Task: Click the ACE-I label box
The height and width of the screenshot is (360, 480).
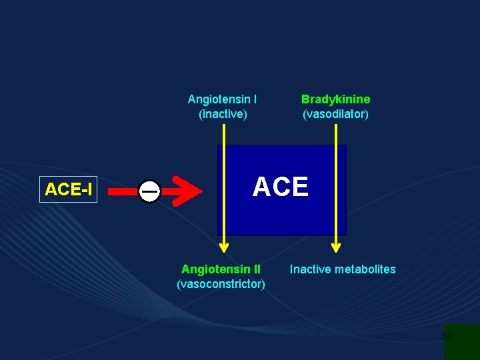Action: [x=69, y=189]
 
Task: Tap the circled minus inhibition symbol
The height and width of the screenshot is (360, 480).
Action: [x=150, y=191]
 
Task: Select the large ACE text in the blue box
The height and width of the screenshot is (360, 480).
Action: [x=281, y=187]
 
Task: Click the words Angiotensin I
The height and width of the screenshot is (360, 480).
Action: [x=222, y=99]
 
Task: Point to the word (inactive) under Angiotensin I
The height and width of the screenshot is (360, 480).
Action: [x=223, y=114]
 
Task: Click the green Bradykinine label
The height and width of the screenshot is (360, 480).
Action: [x=335, y=99]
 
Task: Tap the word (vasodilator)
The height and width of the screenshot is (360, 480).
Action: [x=335, y=114]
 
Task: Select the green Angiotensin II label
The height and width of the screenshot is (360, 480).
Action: [x=221, y=269]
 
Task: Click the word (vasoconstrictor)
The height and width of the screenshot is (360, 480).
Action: [x=221, y=284]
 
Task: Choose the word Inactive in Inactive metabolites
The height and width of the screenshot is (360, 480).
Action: [x=310, y=269]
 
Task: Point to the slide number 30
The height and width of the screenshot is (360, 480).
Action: [x=446, y=336]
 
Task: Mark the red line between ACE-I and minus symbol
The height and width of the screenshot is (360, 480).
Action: [x=123, y=191]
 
